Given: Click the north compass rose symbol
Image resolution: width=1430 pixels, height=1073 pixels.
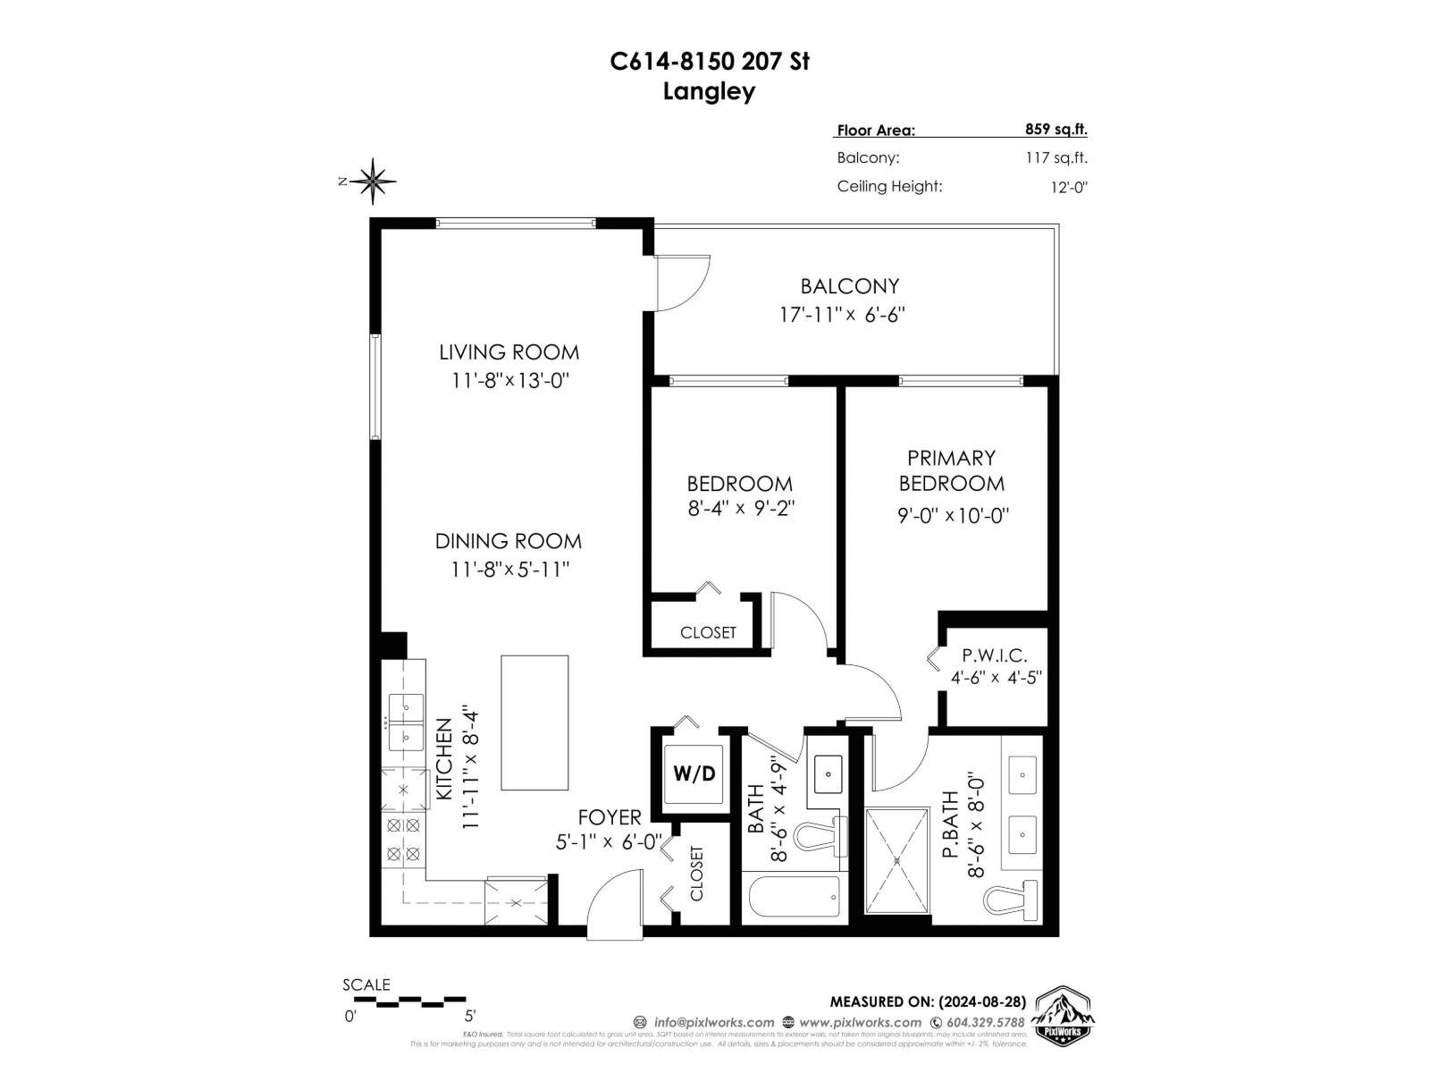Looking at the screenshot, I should point(373,182).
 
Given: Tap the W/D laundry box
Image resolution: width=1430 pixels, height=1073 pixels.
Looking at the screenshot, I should point(694,773).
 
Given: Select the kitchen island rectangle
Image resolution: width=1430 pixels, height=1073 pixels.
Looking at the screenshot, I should point(534,722).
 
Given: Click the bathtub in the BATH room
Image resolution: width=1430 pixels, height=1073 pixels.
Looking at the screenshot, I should point(794,896).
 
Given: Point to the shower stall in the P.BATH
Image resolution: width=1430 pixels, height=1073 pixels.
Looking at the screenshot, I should point(897,860).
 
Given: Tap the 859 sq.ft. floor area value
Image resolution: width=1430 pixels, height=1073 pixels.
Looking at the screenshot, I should point(1056,129).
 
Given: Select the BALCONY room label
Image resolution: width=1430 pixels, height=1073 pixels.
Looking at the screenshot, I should point(849,286).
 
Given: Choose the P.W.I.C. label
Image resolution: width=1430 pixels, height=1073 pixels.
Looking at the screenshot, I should point(994,656).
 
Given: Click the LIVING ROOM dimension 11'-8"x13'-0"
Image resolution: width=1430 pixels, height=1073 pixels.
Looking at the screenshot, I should point(509,380).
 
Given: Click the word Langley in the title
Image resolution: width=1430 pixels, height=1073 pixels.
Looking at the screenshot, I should point(709,91).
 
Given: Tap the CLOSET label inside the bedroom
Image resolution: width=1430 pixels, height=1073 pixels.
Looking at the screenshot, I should point(708,632).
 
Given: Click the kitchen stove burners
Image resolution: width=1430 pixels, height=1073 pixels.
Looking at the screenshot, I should point(403,840).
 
